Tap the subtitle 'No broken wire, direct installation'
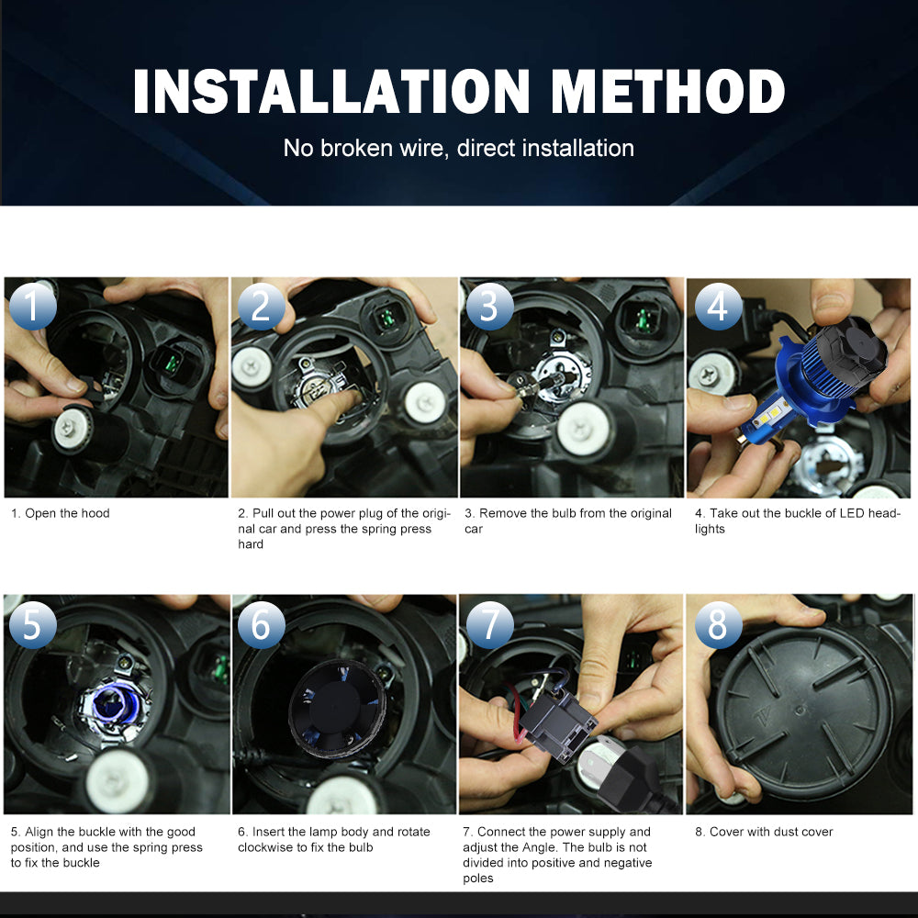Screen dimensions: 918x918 458,148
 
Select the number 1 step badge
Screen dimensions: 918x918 33,306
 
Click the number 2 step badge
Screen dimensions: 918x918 261,306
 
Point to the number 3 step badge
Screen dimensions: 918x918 489,306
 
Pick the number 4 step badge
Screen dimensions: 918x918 718,306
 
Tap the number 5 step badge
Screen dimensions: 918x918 33,624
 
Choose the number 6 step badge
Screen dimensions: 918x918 261,624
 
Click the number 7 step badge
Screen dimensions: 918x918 489,624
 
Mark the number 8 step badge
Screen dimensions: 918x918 718,624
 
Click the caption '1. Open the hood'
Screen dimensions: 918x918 61,513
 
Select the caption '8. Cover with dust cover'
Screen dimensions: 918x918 764,832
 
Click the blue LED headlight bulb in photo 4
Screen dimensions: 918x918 789,386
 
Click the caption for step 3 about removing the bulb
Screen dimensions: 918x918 567,521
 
